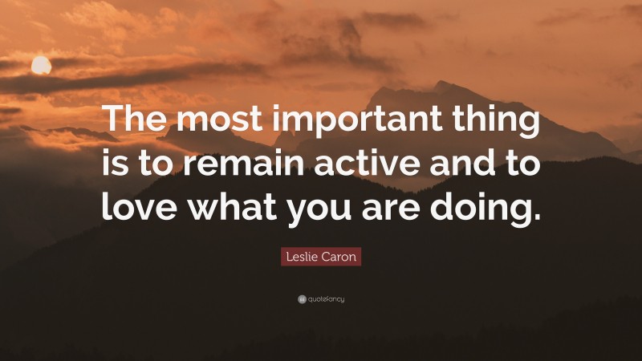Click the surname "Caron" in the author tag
(339, 258)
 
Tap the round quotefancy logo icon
(301, 299)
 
